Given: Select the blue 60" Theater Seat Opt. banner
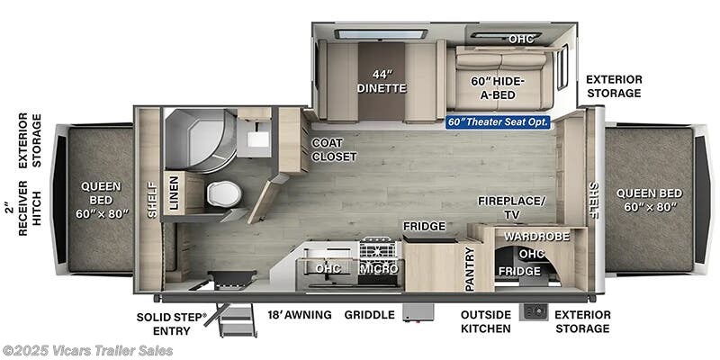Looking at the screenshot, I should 497,121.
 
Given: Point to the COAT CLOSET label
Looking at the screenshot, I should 334,149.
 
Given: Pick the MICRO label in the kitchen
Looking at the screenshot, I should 379,269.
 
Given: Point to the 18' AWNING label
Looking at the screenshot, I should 299,315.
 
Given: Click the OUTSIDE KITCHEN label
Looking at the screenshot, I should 486,321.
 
